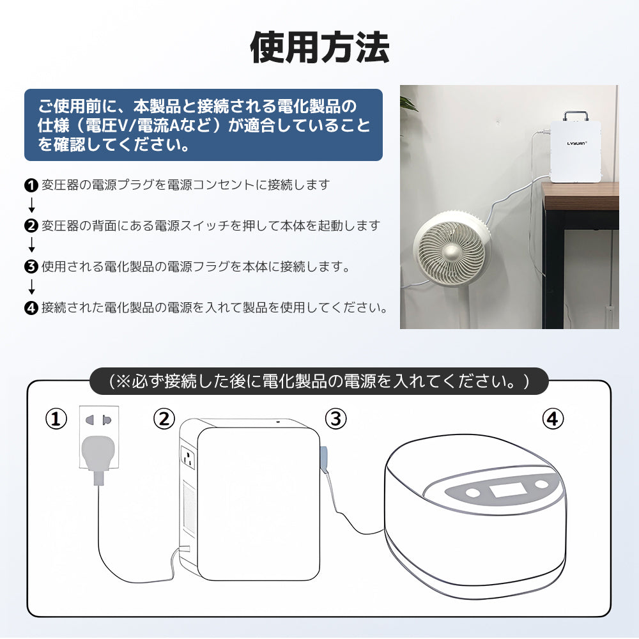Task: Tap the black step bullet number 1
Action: point(31,186)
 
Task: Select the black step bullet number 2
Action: point(31,226)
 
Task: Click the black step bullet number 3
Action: point(31,267)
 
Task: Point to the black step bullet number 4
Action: point(31,308)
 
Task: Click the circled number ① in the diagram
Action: point(56,420)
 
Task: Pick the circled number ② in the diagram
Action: point(164,420)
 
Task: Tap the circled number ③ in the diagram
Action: point(336,420)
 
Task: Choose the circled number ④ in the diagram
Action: point(553,420)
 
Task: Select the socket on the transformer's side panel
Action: point(188,459)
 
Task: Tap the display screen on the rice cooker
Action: point(509,491)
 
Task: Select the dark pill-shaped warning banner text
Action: point(319,381)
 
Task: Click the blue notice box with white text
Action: point(203,125)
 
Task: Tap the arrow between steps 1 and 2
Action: point(31,206)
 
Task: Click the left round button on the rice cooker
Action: point(474,493)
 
